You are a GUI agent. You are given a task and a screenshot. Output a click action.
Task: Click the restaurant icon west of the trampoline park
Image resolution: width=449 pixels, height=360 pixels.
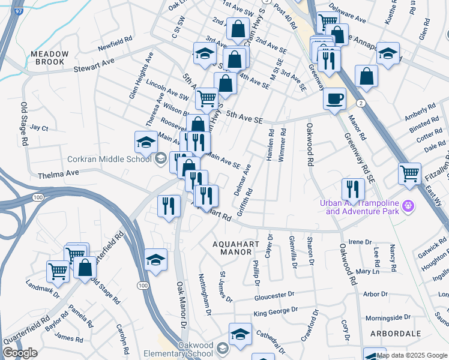click(353, 189)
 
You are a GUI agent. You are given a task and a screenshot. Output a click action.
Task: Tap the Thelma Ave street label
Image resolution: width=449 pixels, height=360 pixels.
click(58, 174)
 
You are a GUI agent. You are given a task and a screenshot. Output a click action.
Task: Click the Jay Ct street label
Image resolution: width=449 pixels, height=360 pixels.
click(39, 128)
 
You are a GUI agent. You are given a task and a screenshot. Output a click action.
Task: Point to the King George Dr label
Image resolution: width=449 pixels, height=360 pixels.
click(275, 312)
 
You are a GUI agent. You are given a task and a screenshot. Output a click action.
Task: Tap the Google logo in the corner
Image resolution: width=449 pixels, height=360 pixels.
click(20, 353)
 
